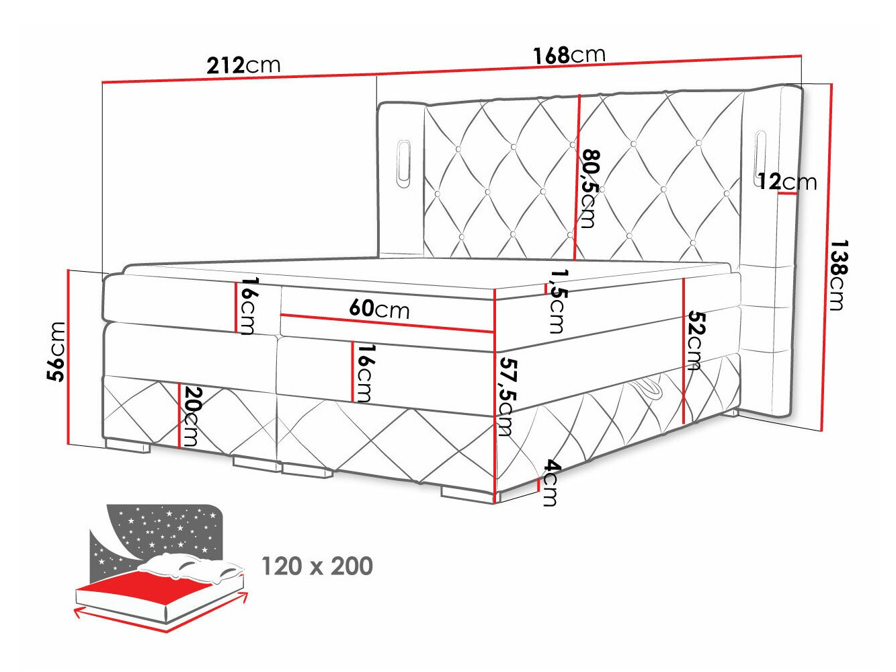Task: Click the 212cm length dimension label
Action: (x=243, y=65)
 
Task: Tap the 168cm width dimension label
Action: (x=569, y=54)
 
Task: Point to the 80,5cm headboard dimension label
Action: (x=589, y=188)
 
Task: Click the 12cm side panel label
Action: (x=786, y=182)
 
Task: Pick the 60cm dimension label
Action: (x=379, y=309)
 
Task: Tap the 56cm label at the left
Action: (x=57, y=351)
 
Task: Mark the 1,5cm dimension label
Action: (x=558, y=301)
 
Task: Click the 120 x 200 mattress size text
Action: (x=317, y=566)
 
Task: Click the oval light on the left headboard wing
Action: (x=403, y=161)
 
